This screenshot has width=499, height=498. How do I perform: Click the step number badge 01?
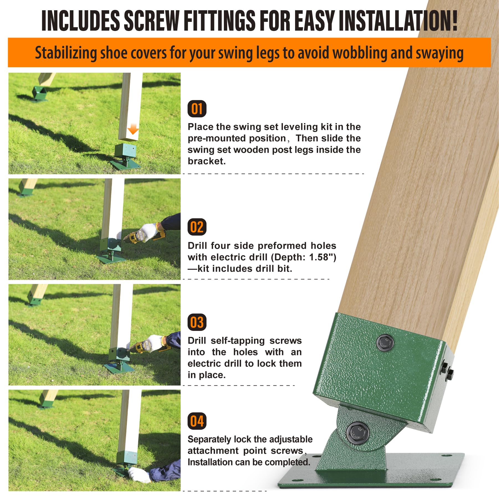tap(197, 109)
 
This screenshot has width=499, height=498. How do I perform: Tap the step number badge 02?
tap(197, 227)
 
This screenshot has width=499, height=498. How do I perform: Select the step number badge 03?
tap(197, 322)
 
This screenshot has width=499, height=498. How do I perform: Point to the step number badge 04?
tap(197, 421)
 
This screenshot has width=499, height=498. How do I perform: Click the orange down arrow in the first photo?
tap(133, 129)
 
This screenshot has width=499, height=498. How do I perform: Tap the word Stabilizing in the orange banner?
tap(66, 53)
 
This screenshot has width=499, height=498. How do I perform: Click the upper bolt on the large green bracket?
tap(385, 343)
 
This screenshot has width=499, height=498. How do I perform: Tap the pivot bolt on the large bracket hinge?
tap(357, 432)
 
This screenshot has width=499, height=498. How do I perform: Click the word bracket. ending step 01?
tap(207, 161)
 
